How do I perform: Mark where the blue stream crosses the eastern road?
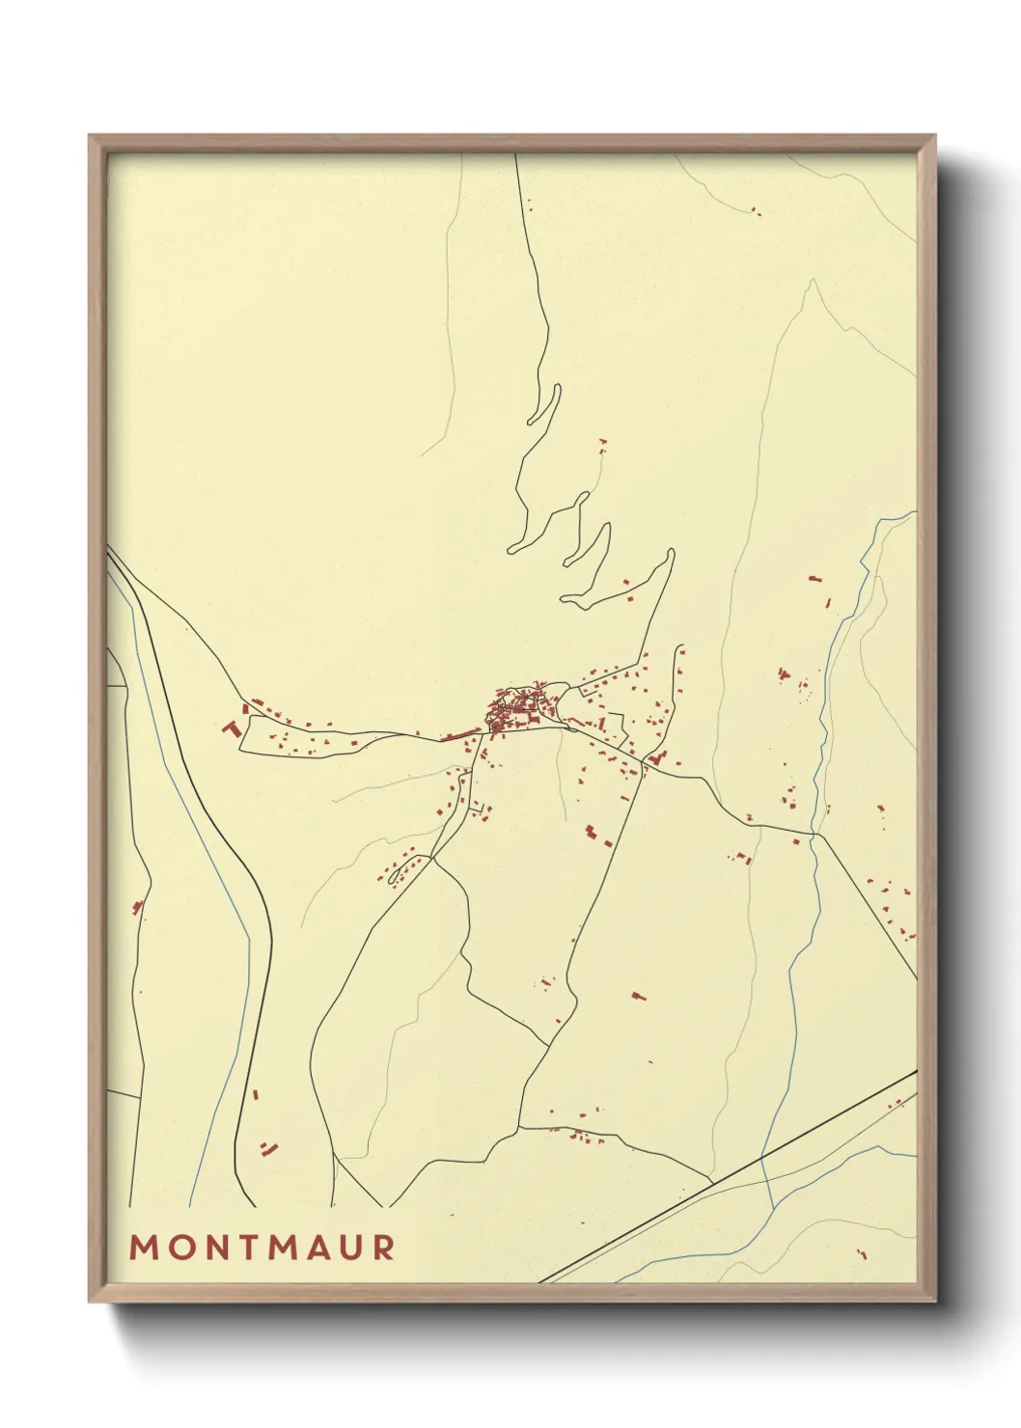pos(814,834)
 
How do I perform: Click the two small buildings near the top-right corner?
pos(755,210)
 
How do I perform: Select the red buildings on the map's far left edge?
pos(137,906)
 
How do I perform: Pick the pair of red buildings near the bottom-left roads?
pos(268,1147)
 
